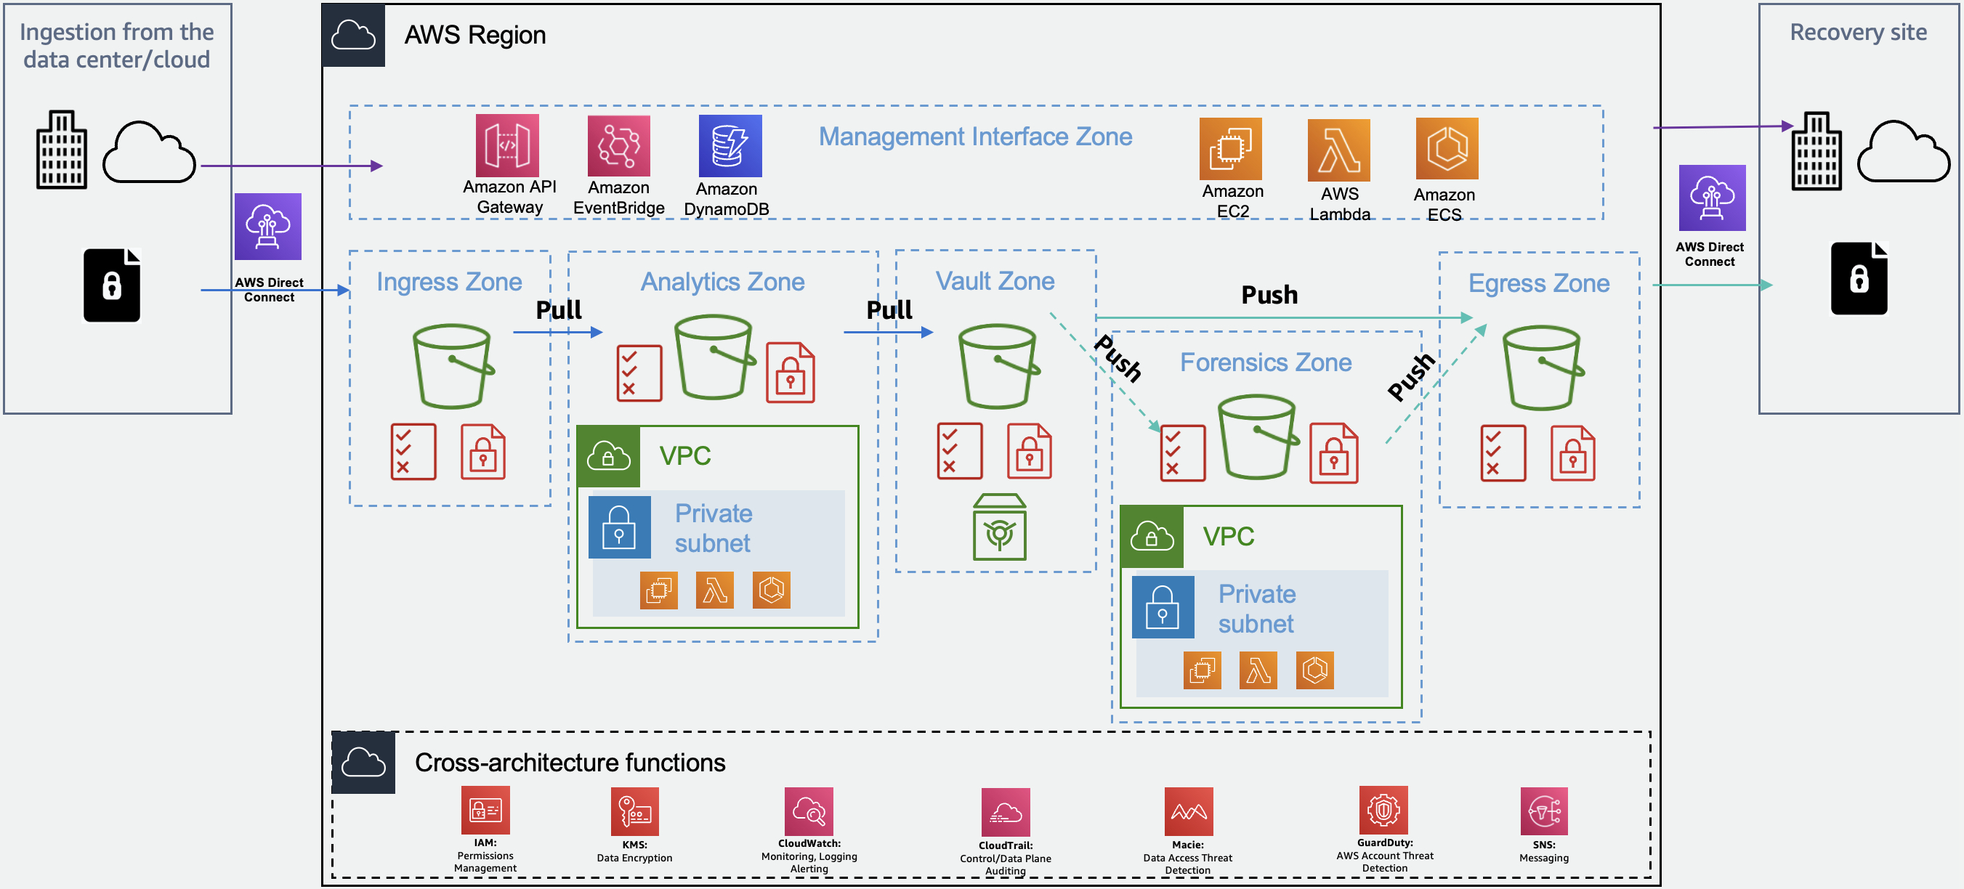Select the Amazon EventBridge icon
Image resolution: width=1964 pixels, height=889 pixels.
point(618,146)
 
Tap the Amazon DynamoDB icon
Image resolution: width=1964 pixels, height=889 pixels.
point(730,146)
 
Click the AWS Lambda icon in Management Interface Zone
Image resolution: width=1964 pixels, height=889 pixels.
point(1339,150)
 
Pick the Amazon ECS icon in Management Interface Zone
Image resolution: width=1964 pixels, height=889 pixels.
point(1447,149)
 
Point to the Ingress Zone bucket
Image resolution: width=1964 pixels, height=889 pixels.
point(453,366)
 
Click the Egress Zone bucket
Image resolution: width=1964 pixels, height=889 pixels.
point(1543,368)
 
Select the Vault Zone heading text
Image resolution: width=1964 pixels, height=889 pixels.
point(995,281)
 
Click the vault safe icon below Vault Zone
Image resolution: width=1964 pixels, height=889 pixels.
point(1000,527)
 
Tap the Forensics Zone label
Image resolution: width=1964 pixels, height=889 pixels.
point(1266,362)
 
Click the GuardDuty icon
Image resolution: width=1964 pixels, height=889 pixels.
point(1383,810)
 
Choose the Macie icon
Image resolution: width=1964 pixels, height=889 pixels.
point(1188,811)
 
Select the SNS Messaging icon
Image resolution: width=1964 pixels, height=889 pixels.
point(1544,811)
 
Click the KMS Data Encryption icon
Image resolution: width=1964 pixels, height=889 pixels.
point(634,811)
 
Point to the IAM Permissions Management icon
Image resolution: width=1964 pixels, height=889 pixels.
point(485,810)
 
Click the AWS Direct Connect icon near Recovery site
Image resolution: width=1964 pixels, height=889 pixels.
point(1712,198)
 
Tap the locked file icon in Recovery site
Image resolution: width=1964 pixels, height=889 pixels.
point(1859,278)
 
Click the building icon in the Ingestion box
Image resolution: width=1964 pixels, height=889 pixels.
point(61,150)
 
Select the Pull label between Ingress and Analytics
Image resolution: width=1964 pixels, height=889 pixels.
point(558,309)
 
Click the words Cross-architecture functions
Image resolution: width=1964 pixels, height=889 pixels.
point(570,763)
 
